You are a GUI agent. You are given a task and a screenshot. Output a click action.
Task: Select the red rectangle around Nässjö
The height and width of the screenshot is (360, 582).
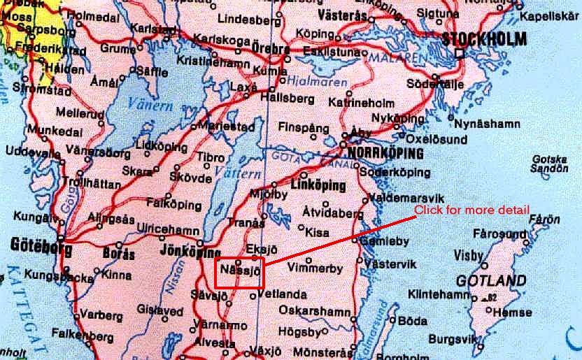point(240,272)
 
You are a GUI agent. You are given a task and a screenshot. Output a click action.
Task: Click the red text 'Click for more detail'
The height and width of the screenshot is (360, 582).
point(471,210)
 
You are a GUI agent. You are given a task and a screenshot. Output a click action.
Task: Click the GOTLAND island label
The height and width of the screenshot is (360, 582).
point(490,281)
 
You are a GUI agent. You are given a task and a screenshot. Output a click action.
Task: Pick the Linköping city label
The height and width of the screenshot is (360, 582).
point(318,186)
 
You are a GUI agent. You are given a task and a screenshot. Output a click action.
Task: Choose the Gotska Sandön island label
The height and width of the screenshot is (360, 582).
point(550,164)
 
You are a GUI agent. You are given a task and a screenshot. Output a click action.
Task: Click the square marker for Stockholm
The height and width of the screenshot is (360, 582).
point(459,53)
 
